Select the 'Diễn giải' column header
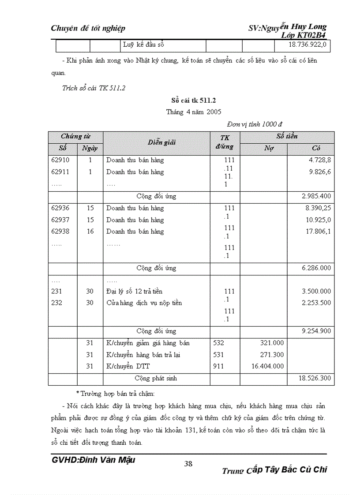point(162,142)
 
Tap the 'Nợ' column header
point(269,148)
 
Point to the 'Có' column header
point(316,148)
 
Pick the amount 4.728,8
point(320,160)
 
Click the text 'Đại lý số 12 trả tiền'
point(135,291)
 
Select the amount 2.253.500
point(316,303)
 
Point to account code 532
point(218,343)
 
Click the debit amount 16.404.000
point(267,366)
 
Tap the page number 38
point(188,463)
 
